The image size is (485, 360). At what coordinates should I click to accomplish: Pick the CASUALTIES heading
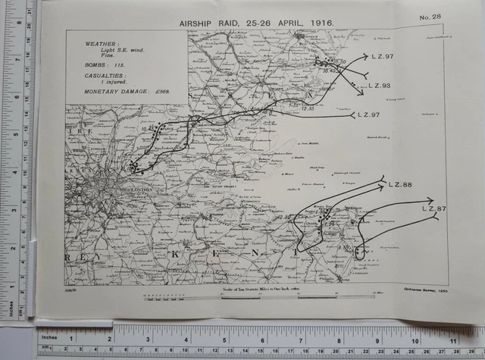click(105, 76)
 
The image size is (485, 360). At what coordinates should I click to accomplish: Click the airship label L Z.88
click(399, 185)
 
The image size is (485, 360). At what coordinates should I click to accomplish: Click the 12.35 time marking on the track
click(308, 108)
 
